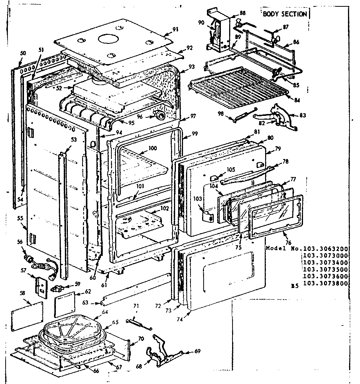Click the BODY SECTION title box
click(x=284, y=14)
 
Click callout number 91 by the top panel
click(x=175, y=29)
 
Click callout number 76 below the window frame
click(x=288, y=243)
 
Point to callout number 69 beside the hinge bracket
click(x=198, y=351)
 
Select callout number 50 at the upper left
click(x=22, y=54)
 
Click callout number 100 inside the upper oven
click(x=152, y=148)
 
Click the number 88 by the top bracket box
click(x=243, y=13)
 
